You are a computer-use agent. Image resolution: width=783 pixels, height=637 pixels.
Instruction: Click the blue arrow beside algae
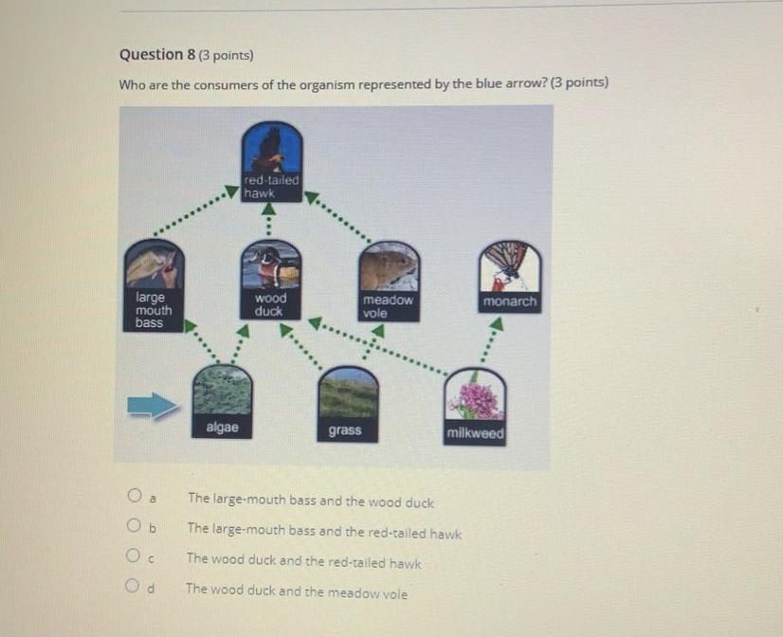click(153, 406)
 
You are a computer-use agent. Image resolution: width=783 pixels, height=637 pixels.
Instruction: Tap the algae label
click(223, 428)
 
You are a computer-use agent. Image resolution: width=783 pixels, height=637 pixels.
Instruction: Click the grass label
click(345, 430)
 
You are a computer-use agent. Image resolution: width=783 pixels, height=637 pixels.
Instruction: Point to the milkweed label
click(475, 433)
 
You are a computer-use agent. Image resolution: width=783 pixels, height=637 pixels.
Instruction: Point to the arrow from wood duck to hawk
click(268, 219)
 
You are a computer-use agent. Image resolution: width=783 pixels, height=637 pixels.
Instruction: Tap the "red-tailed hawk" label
click(271, 186)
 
